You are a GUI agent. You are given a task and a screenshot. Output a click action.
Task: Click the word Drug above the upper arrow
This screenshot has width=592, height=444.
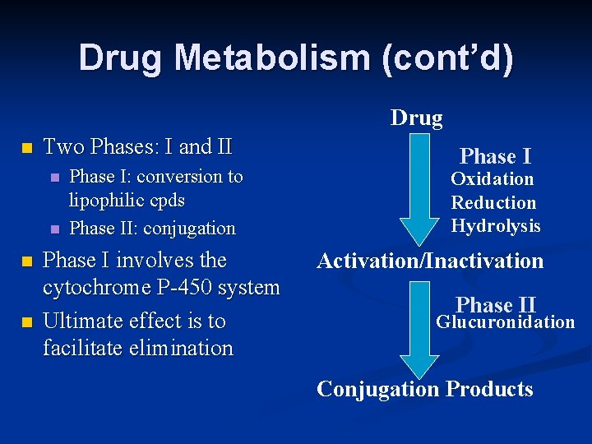416,118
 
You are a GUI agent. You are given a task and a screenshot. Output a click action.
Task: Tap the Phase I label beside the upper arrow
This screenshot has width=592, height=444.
495,156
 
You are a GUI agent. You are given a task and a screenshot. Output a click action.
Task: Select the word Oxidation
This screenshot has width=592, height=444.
492,179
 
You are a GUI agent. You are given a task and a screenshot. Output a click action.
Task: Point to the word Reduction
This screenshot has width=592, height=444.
493,202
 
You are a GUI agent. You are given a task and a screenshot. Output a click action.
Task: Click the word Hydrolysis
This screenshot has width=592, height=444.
495,225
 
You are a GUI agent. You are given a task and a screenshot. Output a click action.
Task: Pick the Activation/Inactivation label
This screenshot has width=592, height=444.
430,261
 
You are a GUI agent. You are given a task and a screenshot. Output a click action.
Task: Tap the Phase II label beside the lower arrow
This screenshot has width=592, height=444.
496,305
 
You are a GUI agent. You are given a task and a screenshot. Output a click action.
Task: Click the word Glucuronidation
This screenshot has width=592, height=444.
505,322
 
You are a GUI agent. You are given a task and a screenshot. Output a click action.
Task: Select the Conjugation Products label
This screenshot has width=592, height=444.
425,389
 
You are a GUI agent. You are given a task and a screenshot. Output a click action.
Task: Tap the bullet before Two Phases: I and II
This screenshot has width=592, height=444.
26,149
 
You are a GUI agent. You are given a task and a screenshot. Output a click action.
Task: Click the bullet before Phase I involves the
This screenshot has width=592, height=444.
26,261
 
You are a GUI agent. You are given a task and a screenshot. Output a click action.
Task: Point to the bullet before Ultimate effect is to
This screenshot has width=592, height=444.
26,321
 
